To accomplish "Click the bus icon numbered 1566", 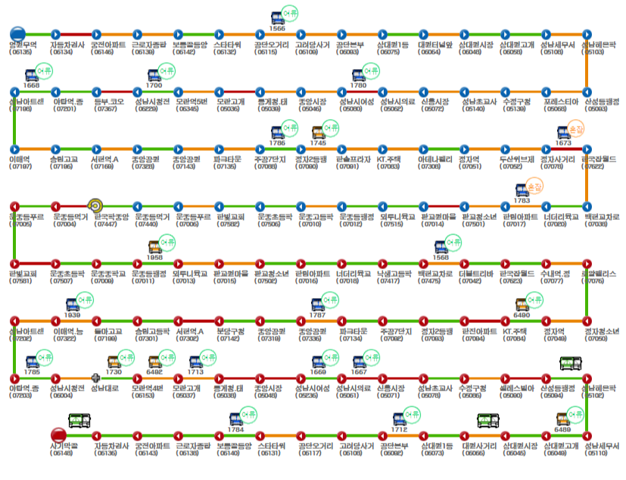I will click(x=278, y=17).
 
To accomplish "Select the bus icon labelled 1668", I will click(x=32, y=74).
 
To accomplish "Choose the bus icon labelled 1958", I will click(x=154, y=246).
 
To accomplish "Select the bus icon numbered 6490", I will click(x=522, y=304).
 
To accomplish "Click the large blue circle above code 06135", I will click(x=19, y=33).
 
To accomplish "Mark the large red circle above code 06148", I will click(x=58, y=435).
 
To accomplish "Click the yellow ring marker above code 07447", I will click(x=95, y=205).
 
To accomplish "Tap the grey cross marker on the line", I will click(x=95, y=377).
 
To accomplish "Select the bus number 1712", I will click(x=400, y=429).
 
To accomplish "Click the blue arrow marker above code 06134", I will click(x=55, y=33).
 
